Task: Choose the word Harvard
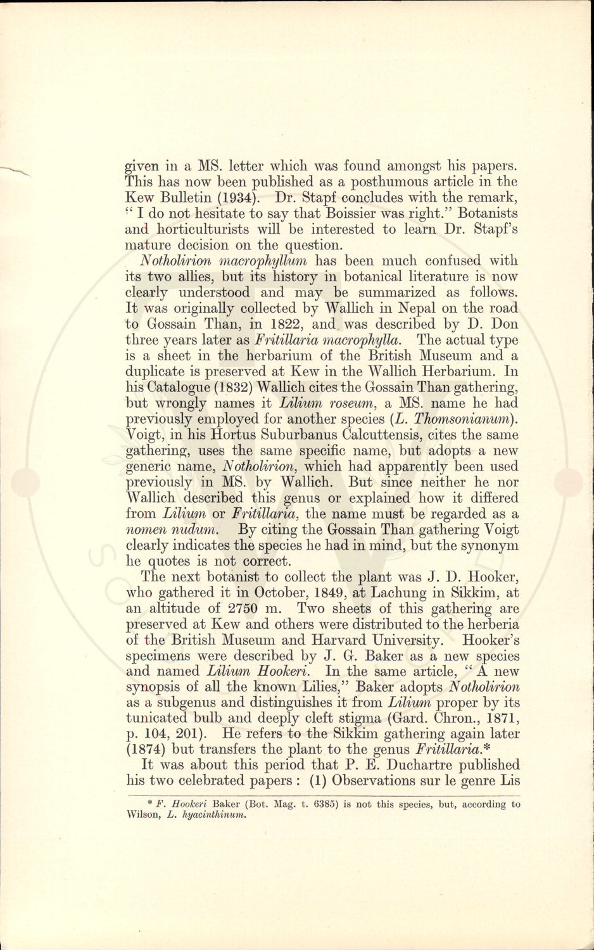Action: tap(348, 640)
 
